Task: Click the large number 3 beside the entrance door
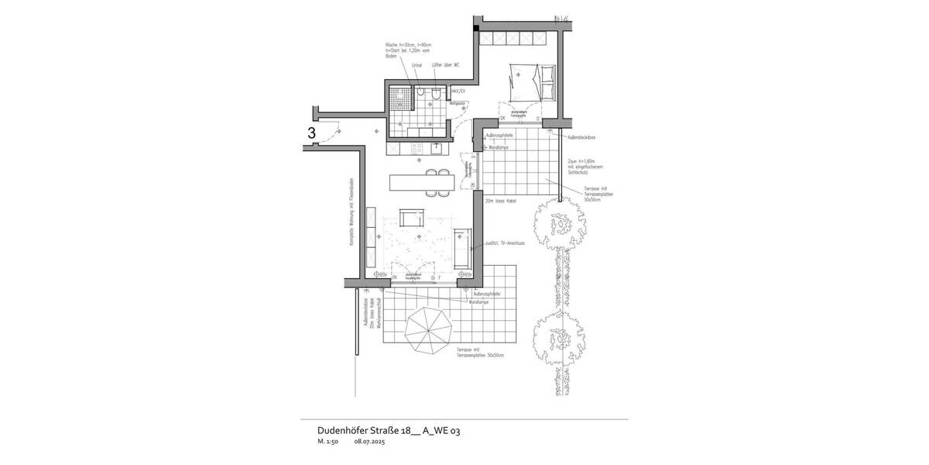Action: point(311,133)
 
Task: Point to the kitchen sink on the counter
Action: point(437,146)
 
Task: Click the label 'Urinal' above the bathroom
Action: point(417,65)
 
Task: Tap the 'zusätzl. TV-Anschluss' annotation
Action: point(503,243)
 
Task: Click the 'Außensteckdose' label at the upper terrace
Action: point(581,137)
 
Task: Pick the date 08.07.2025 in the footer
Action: point(369,443)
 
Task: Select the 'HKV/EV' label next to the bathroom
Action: point(458,91)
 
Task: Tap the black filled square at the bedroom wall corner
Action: point(475,27)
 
